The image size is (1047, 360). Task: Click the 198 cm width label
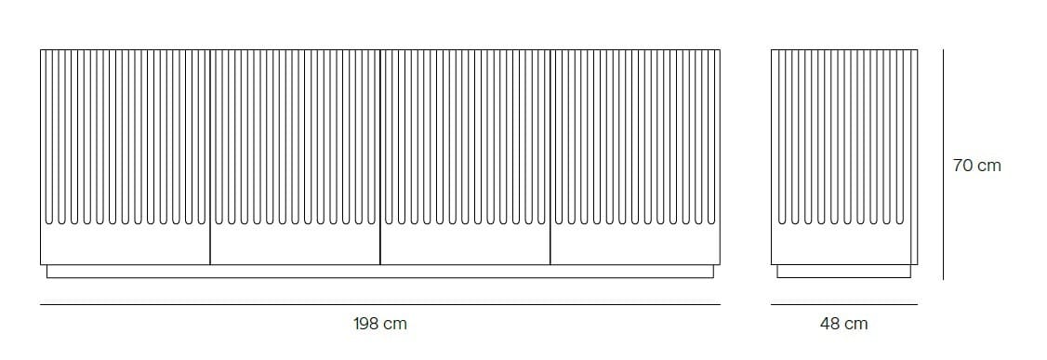pos(379,324)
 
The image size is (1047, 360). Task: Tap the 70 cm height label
pos(976,166)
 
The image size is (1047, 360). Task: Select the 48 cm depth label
pos(843,324)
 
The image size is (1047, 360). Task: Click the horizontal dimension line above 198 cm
pos(379,304)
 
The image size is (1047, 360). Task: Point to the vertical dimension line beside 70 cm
pos(943,164)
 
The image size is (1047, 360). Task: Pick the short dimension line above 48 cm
pos(843,304)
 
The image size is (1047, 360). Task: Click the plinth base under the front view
pos(379,271)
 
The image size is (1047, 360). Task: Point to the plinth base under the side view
pos(843,271)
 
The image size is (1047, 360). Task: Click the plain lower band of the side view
pos(843,246)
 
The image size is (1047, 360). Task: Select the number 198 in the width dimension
pos(366,324)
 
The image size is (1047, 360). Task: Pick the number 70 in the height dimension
pos(963,166)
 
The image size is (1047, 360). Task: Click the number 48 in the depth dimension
pos(830,324)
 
